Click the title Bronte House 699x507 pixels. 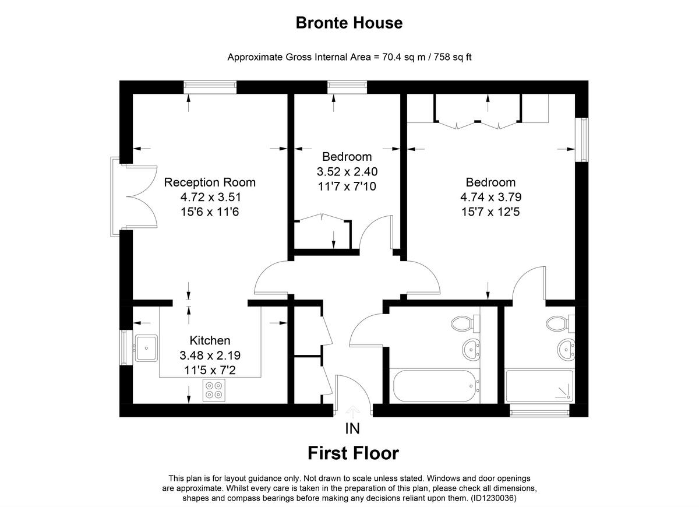tap(349, 23)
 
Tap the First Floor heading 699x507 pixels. tap(353, 453)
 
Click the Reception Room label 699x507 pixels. tap(210, 182)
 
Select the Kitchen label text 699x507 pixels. tap(210, 340)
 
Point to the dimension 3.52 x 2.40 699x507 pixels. tap(347, 172)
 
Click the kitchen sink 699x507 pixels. tap(146, 348)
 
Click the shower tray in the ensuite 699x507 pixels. tap(539, 385)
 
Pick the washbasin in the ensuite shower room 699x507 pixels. tap(564, 350)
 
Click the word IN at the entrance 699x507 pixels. tap(352, 429)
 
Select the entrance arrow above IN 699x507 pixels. tap(352, 411)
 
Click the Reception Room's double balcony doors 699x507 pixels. tap(138, 197)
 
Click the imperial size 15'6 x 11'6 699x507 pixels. tap(210, 212)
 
